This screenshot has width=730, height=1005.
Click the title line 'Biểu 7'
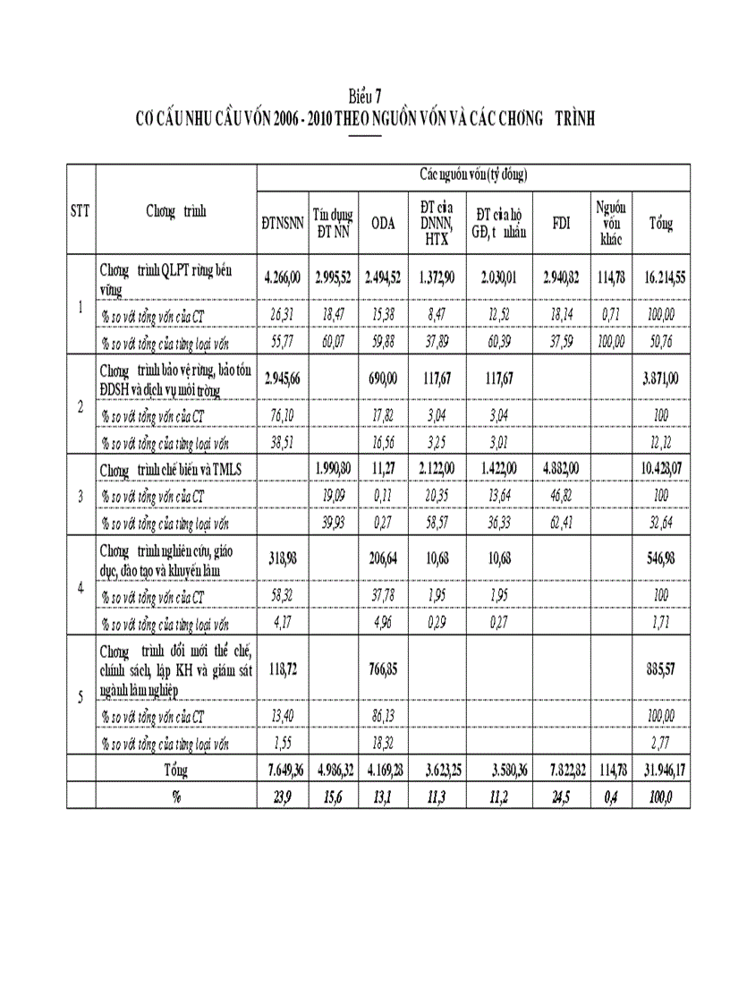coord(364,95)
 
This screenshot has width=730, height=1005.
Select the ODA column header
coord(383,224)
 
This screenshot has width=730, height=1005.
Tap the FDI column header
coord(561,224)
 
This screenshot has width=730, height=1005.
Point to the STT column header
coord(81,212)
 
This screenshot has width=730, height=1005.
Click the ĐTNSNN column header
coord(282,224)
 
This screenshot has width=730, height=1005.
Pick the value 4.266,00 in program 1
coord(282,277)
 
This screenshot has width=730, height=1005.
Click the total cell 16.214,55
coord(664,277)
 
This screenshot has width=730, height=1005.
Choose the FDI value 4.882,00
coord(561,469)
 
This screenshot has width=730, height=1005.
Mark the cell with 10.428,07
coord(664,469)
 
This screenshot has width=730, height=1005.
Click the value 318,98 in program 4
coord(282,558)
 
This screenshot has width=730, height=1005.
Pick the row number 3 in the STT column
coord(81,495)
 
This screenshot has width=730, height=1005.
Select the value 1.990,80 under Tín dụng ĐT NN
coord(333,469)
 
